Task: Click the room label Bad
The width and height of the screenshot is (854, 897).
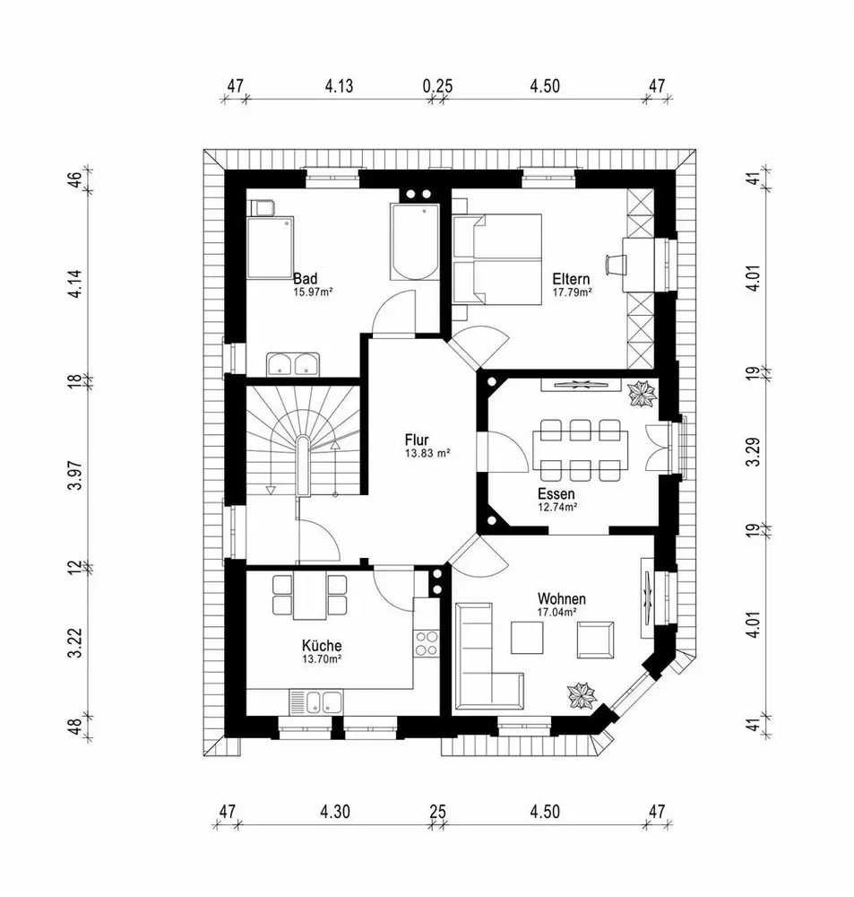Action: pyautogui.click(x=306, y=278)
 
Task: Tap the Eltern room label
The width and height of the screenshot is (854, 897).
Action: pyautogui.click(x=570, y=278)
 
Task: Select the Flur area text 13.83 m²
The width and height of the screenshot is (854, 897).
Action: pyautogui.click(x=427, y=455)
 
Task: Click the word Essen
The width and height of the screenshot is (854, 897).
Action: pyautogui.click(x=556, y=493)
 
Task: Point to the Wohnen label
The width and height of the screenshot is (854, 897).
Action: pyautogui.click(x=562, y=598)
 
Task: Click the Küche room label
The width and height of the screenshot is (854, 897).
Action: pyautogui.click(x=321, y=645)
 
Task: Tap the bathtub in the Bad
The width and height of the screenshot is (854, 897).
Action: pyautogui.click(x=413, y=242)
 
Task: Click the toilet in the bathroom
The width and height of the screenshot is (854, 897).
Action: pyautogui.click(x=262, y=208)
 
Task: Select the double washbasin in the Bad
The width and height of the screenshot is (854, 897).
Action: pyautogui.click(x=294, y=364)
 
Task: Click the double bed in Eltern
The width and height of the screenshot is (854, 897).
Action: pyautogui.click(x=498, y=259)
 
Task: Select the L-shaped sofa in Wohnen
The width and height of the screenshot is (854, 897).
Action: pyautogui.click(x=484, y=659)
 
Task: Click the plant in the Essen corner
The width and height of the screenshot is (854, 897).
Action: pyautogui.click(x=643, y=393)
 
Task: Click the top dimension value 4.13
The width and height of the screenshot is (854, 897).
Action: pyautogui.click(x=339, y=86)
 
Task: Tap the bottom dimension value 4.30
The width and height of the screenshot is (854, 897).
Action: pyautogui.click(x=334, y=812)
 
